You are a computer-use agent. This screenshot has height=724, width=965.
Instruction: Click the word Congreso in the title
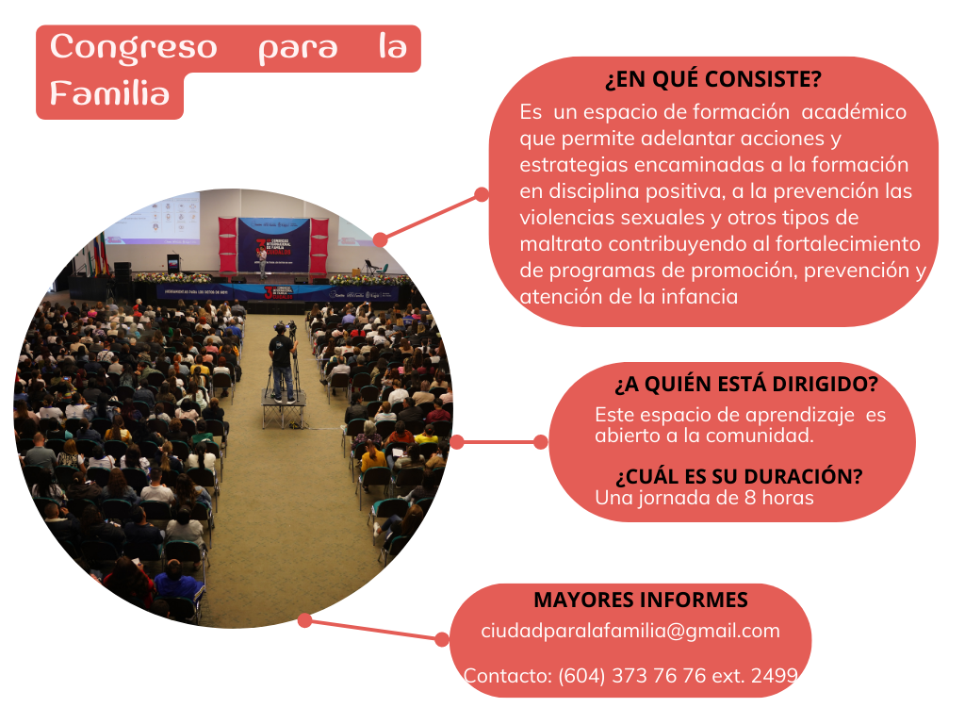(x=134, y=48)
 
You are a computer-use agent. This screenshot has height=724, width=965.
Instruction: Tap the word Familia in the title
(x=109, y=93)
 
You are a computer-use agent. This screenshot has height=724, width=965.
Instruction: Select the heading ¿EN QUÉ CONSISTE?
(x=713, y=79)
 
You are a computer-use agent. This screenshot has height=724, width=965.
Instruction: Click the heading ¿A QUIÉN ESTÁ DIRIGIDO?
(x=746, y=385)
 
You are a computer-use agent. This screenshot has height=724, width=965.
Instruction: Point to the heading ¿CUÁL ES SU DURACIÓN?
(x=739, y=476)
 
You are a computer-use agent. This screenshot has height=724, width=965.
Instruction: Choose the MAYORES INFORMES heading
(x=641, y=600)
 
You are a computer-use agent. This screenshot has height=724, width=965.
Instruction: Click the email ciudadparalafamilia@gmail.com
(x=630, y=631)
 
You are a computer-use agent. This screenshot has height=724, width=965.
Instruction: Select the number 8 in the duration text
(x=750, y=498)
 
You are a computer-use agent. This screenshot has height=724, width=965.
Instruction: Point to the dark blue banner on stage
(x=274, y=244)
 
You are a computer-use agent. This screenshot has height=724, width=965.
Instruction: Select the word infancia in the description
(x=699, y=297)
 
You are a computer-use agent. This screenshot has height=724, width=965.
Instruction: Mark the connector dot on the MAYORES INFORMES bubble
(x=442, y=640)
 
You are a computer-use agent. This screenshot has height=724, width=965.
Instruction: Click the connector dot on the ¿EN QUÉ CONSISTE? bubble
(x=482, y=194)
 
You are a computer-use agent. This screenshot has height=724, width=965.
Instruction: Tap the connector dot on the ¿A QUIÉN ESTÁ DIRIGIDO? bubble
(x=540, y=442)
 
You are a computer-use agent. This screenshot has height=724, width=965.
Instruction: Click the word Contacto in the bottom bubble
(x=507, y=676)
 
